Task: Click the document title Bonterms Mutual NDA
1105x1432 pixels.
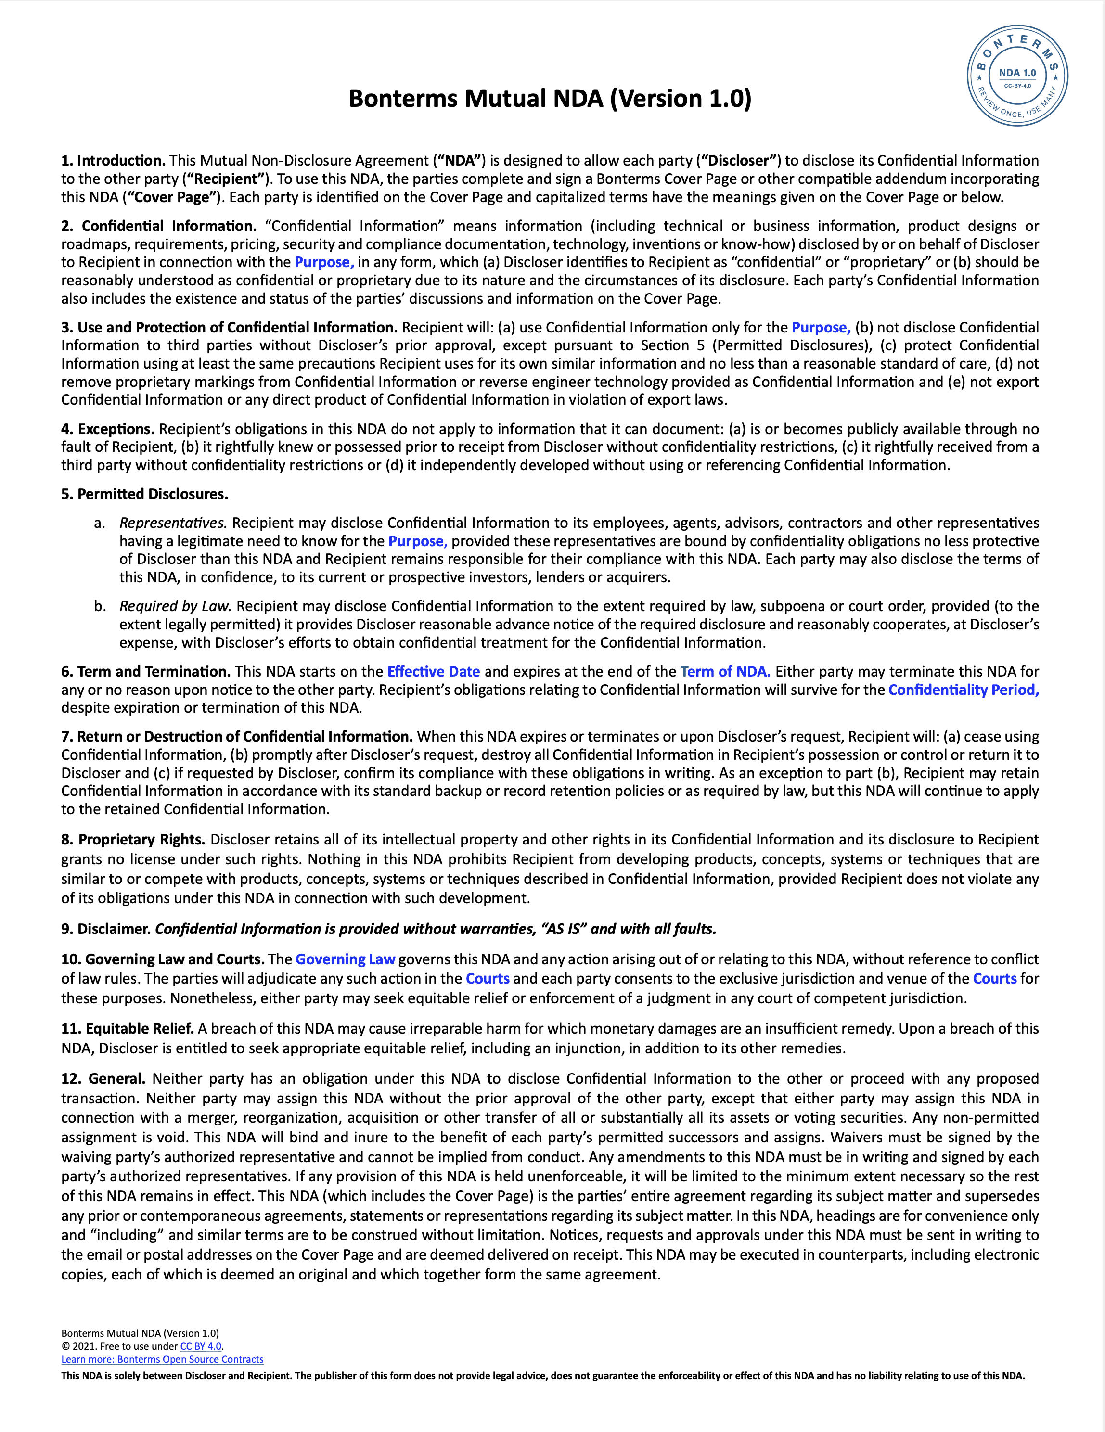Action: click(550, 98)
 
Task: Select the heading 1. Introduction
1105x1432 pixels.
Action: click(113, 161)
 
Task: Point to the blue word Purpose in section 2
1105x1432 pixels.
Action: click(324, 262)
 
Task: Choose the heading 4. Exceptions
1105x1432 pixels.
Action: click(107, 429)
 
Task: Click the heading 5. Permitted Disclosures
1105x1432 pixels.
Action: click(144, 494)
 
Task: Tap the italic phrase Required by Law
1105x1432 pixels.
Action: click(176, 606)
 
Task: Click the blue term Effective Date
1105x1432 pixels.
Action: click(434, 671)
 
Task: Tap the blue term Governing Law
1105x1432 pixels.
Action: click(345, 959)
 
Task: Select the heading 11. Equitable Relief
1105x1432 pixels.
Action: click(127, 1029)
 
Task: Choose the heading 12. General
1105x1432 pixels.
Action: click(103, 1079)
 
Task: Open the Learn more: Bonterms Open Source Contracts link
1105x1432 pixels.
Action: click(162, 1360)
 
